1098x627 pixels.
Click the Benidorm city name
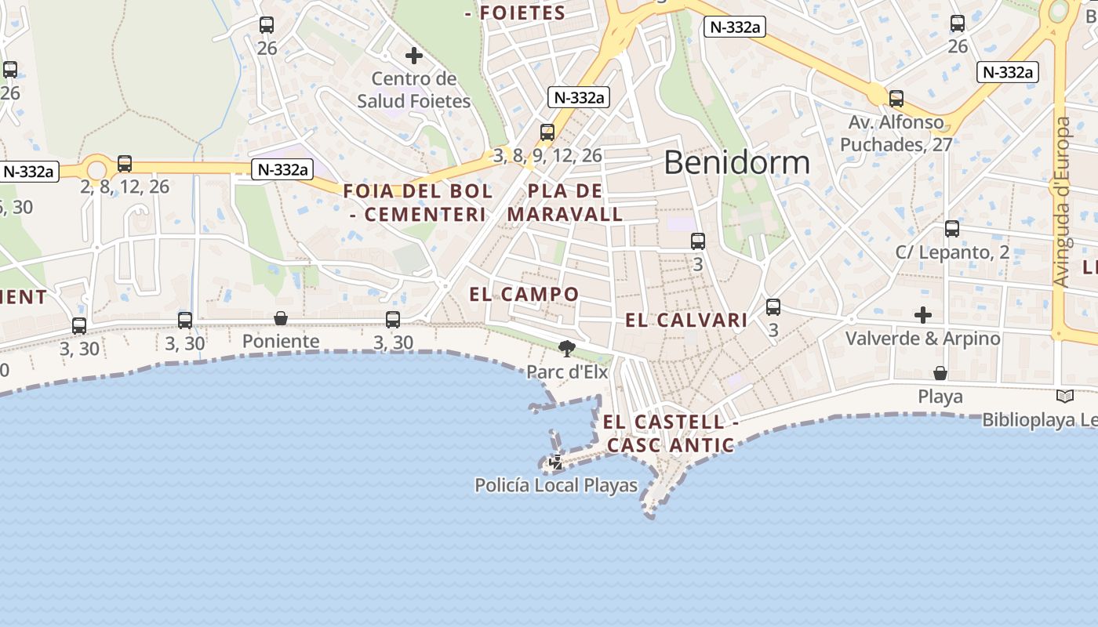(736, 162)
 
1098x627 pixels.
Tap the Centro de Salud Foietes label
(414, 89)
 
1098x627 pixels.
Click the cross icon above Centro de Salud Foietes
(414, 56)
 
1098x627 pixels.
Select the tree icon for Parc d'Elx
(566, 348)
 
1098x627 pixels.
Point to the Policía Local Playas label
(556, 485)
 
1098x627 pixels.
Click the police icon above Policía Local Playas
(556, 462)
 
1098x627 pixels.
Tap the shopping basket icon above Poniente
(281, 318)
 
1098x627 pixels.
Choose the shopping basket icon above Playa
(940, 372)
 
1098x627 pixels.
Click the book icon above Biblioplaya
(1064, 397)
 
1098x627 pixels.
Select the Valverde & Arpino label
(922, 339)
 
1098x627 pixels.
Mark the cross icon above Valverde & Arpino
(923, 315)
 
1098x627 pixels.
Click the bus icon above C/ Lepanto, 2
(952, 229)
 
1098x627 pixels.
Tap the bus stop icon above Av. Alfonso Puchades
(896, 99)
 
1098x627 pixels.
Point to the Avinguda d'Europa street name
(1061, 202)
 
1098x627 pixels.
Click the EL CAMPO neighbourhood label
(524, 295)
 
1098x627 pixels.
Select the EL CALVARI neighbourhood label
(686, 320)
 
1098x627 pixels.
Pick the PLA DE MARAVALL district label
(565, 202)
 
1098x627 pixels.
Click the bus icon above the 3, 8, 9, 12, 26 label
(547, 132)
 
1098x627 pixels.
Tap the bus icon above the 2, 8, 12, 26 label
(125, 164)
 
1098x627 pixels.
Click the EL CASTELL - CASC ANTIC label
(671, 433)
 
